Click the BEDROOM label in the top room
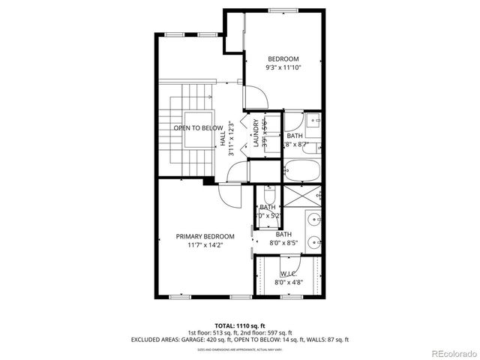pyautogui.click(x=283, y=59)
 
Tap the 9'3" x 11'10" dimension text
pyautogui.click(x=283, y=67)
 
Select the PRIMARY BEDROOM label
pyautogui.click(x=205, y=236)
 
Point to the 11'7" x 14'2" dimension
pyautogui.click(x=205, y=244)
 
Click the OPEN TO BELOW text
pyautogui.click(x=198, y=128)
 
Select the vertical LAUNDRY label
pyautogui.click(x=256, y=133)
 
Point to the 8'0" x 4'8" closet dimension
pyautogui.click(x=289, y=283)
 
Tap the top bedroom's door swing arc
pyautogui.click(x=253, y=97)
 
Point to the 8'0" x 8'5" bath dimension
pyautogui.click(x=283, y=242)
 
